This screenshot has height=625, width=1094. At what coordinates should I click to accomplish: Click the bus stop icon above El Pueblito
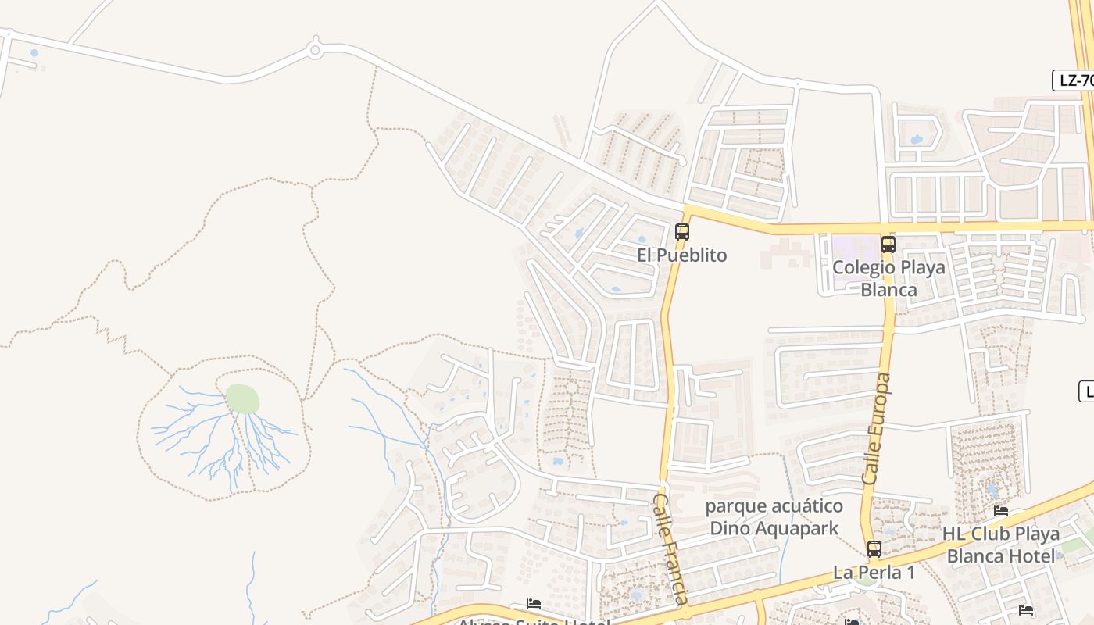tap(682, 232)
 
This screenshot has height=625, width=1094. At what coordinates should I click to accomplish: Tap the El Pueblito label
tap(682, 255)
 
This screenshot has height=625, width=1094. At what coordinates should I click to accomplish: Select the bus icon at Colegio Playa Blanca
tap(888, 245)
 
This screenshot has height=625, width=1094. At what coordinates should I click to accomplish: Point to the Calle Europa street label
tap(877, 428)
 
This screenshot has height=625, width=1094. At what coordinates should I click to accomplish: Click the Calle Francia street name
tap(670, 548)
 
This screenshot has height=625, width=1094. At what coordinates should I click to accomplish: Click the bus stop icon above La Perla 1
tap(874, 549)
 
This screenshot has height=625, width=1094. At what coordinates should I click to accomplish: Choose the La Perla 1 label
tap(874, 573)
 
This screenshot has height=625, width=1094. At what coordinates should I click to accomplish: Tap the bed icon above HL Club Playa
tap(1001, 512)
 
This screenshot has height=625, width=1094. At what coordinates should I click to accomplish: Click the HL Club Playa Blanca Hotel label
tap(1000, 545)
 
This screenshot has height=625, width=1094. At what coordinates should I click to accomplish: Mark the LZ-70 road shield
tap(1075, 80)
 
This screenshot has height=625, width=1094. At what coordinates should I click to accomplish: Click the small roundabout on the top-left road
tap(315, 51)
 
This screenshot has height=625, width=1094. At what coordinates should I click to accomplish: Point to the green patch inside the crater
tap(242, 399)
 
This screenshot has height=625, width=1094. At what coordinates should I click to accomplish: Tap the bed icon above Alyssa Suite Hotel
tap(534, 604)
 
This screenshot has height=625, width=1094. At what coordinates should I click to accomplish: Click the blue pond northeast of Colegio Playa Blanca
tap(916, 140)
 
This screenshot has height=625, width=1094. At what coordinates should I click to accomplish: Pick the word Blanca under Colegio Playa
tap(888, 290)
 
